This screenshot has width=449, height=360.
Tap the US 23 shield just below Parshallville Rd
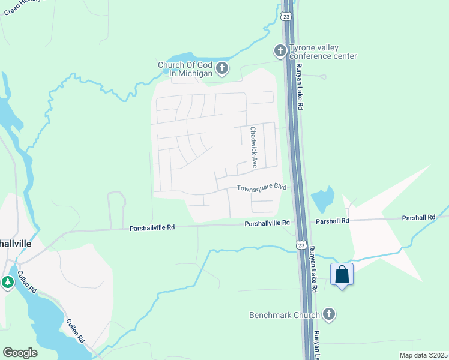pyautogui.click(x=301, y=244)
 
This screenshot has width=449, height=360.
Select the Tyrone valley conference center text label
pyautogui.click(x=323, y=52)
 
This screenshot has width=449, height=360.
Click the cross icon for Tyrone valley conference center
pyautogui.click(x=280, y=50)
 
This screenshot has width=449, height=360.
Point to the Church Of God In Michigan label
pyautogui.click(x=185, y=69)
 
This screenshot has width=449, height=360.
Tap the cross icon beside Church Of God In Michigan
pyautogui.click(x=222, y=68)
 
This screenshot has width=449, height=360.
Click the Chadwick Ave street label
pyautogui.click(x=254, y=147)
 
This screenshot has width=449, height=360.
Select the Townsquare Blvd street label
pyautogui.click(x=261, y=188)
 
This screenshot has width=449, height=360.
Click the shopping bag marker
pyautogui.click(x=342, y=274)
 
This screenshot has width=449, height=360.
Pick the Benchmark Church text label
pyautogui.click(x=285, y=314)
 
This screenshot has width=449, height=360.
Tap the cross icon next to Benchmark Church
pyautogui.click(x=328, y=314)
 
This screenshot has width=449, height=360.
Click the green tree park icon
pyautogui.click(x=8, y=282)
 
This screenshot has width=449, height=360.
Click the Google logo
pyautogui.click(x=20, y=353)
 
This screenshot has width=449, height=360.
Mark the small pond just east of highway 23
pyautogui.click(x=323, y=199)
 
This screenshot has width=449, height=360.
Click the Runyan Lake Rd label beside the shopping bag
pyautogui.click(x=313, y=271)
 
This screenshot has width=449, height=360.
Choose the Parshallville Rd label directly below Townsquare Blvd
pyautogui.click(x=267, y=223)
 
